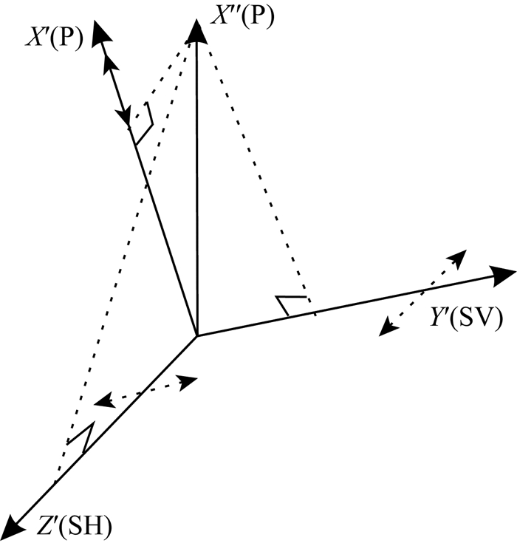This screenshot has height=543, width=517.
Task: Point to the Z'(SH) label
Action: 74,527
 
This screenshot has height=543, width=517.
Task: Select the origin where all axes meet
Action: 196,336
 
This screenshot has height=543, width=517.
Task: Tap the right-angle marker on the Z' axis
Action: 81,437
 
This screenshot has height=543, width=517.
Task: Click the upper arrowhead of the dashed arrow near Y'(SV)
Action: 458,258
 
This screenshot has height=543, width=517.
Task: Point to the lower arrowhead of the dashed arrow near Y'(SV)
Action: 386,329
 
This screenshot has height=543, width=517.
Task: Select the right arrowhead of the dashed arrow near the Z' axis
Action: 189,381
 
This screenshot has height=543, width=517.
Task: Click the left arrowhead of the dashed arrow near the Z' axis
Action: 103,402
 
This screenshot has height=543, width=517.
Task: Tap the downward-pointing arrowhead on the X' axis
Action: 122,117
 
